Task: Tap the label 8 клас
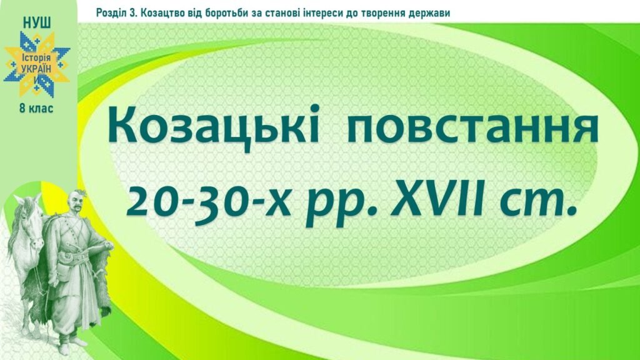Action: tap(37, 109)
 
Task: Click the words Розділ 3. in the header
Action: tap(116, 13)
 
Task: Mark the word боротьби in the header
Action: tap(234, 13)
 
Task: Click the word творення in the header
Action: tap(382, 13)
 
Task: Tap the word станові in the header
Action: tap(286, 13)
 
